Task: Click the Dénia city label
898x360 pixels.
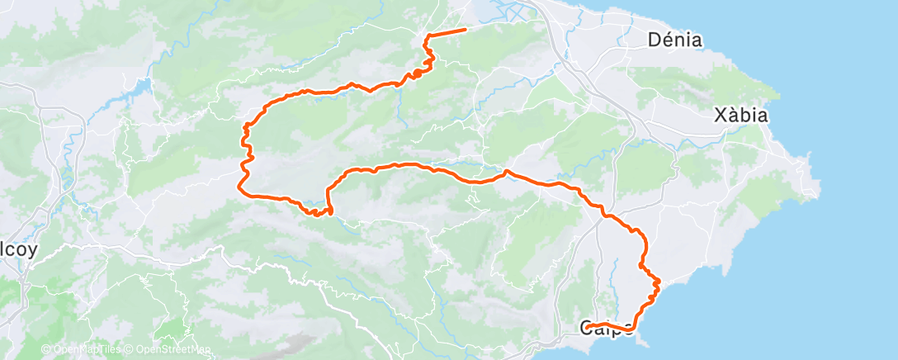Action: click(675, 40)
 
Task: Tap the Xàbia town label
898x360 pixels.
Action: click(741, 116)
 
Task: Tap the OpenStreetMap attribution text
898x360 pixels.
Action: click(168, 350)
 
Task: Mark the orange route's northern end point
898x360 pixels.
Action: click(465, 30)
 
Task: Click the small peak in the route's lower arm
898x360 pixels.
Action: click(505, 171)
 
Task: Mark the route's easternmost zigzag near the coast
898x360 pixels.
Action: click(657, 282)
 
